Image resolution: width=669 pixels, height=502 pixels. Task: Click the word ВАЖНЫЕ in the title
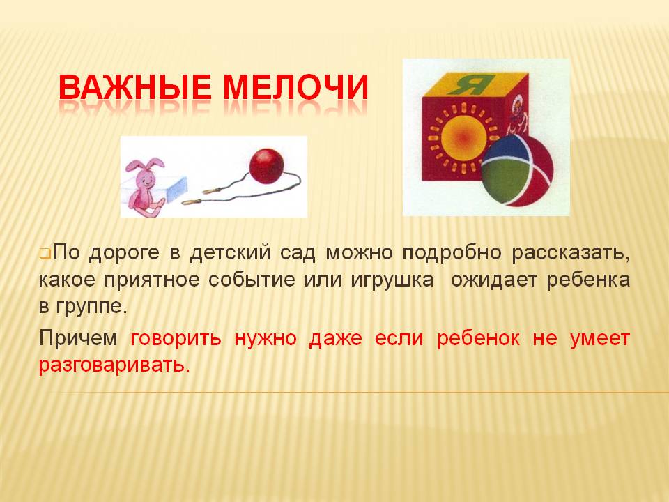134,87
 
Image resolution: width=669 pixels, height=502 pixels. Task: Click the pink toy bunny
145,185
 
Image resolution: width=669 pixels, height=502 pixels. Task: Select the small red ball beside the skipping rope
267,166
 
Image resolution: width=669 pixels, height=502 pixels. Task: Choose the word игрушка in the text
392,280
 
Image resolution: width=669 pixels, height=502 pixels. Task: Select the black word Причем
78,339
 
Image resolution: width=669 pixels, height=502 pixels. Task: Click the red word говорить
176,339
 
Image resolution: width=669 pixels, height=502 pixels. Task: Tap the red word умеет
600,339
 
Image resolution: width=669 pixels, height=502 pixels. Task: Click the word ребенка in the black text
588,280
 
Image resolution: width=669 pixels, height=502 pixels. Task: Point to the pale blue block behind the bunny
176,189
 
